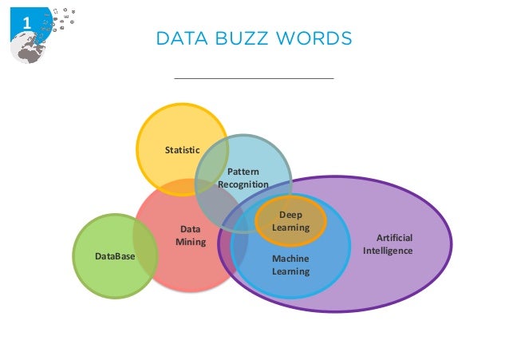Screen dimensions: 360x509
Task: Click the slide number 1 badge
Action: (26, 23)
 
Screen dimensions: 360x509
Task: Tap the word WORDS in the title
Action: (311, 38)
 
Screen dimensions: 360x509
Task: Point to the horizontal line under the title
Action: (254, 79)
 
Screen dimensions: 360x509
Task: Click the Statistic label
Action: (182, 149)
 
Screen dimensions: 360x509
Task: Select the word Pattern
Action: (243, 172)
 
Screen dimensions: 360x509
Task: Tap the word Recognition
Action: (243, 185)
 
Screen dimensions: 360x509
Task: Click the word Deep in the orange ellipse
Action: (290, 215)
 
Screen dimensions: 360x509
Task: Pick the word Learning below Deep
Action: (290, 227)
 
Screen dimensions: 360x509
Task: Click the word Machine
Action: (290, 259)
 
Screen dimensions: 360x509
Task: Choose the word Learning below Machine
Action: (290, 271)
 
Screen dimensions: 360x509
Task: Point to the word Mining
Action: (191, 242)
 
